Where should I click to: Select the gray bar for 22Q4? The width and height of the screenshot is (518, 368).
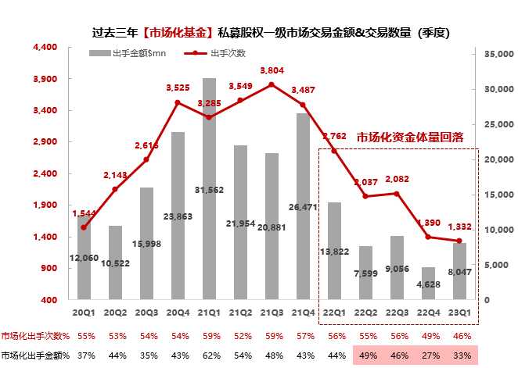coord(428,283)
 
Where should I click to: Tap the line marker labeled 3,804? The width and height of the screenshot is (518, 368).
coord(272,84)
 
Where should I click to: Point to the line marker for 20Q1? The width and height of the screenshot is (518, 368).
coord(84,227)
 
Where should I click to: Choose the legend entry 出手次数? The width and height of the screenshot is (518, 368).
coord(228,53)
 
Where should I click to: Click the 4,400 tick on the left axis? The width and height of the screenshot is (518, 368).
coord(46,48)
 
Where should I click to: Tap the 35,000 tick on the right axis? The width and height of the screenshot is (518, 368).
coord(497,54)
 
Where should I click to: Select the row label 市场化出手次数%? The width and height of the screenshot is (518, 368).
coord(36,335)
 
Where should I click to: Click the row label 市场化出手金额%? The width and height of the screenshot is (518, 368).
coord(36,355)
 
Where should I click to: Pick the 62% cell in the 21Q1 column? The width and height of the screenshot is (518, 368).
coord(209,355)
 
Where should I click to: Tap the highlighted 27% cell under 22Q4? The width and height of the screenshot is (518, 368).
coord(428,355)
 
